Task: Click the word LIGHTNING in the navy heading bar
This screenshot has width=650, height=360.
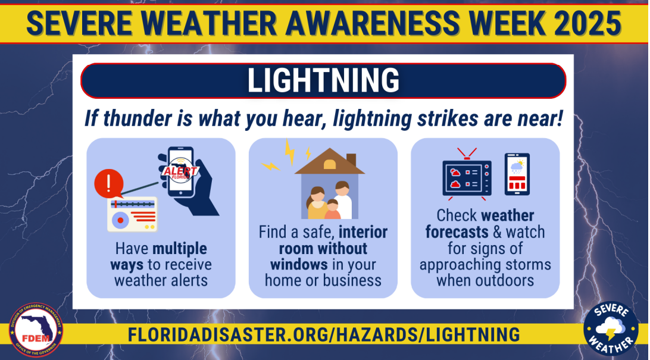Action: click(x=323, y=80)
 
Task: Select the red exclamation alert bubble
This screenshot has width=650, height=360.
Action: click(x=108, y=183)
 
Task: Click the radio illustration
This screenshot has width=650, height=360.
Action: click(x=132, y=214)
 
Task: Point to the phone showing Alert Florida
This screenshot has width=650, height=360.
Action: click(x=181, y=172)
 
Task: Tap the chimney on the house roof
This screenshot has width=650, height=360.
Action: click(x=351, y=159)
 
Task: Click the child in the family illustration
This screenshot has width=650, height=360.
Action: click(x=333, y=209)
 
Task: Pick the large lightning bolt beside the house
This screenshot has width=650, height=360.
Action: click(x=289, y=152)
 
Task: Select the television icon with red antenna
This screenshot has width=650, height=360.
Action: click(x=467, y=174)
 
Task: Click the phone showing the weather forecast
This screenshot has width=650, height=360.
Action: click(x=517, y=174)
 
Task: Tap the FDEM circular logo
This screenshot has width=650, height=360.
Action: click(x=36, y=330)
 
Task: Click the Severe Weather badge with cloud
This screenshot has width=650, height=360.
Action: click(x=611, y=328)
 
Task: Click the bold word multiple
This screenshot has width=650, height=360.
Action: click(x=180, y=249)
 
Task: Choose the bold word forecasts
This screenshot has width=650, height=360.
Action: click(x=457, y=232)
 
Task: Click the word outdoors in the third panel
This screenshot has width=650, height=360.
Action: click(x=505, y=280)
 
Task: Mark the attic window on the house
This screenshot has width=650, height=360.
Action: click(x=330, y=164)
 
